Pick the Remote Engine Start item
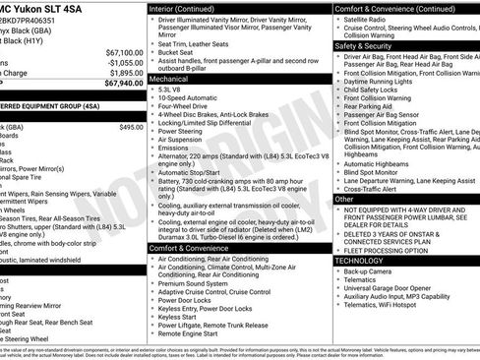(x=192, y=332)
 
